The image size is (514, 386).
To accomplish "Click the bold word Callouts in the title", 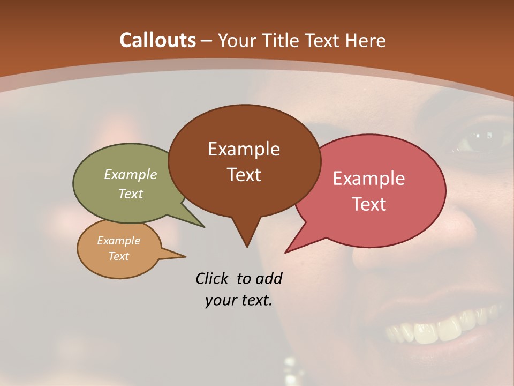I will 157,40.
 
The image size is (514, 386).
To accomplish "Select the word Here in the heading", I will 366,40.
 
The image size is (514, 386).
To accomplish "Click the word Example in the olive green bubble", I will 131,174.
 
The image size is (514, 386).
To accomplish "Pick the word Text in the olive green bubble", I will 131,194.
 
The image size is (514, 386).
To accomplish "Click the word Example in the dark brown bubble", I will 244,149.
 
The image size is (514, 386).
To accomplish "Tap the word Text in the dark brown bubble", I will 244,175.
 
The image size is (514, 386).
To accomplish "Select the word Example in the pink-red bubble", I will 369,178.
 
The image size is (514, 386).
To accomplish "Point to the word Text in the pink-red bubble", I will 369,204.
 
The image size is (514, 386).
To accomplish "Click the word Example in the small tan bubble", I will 119,241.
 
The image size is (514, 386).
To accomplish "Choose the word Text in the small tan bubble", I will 119,256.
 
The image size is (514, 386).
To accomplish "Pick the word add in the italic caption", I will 269,278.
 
